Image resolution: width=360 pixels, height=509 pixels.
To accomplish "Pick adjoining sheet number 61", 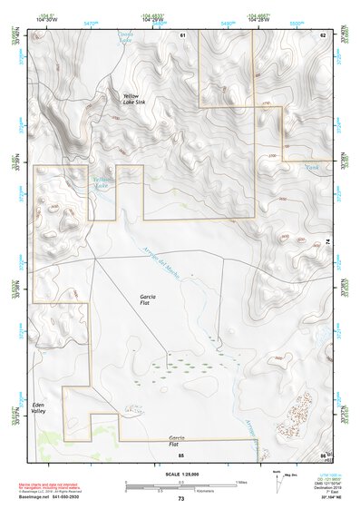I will tap(182, 35).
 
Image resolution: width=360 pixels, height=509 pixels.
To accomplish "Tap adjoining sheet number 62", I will tap(322, 35).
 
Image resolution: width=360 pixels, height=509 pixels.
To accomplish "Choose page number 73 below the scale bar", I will tap(180, 499).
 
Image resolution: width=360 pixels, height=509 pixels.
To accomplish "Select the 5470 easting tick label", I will tap(90, 21).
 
